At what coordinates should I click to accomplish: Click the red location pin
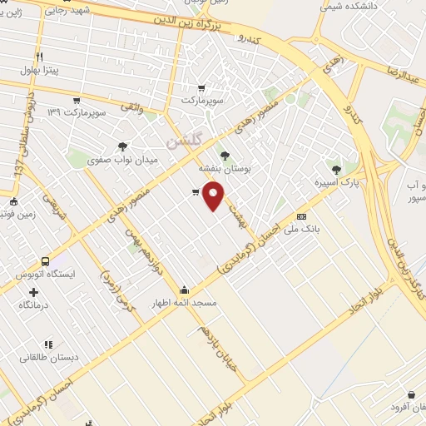[x=214, y=196]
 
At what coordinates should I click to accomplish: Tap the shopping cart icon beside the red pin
[x=195, y=192]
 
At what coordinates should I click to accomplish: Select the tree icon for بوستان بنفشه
[x=224, y=154]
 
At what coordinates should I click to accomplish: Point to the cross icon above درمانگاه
[x=33, y=292]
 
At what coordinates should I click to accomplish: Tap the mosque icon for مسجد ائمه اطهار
[x=184, y=290]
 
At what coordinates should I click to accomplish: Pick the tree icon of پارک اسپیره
[x=336, y=169]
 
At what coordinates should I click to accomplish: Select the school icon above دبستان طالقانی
[x=48, y=344]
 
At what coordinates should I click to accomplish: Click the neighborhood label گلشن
[x=183, y=142]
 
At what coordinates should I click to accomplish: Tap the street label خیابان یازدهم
[x=218, y=348]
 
